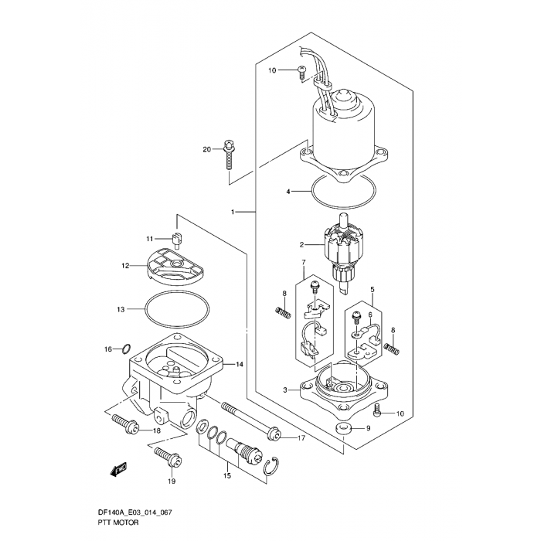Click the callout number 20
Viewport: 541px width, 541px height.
pyautogui.click(x=206, y=149)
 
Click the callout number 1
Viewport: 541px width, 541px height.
pyautogui.click(x=233, y=212)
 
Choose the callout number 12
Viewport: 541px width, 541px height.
pyautogui.click(x=124, y=265)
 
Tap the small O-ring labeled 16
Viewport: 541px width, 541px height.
pyautogui.click(x=127, y=349)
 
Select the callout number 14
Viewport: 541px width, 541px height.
pyautogui.click(x=240, y=364)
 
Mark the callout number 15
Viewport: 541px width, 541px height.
pyautogui.click(x=227, y=477)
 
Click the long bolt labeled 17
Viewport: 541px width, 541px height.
pyautogui.click(x=247, y=421)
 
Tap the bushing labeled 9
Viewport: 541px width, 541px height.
pyautogui.click(x=343, y=429)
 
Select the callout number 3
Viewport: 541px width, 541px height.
pyautogui.click(x=285, y=391)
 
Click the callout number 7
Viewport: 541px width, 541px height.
pyautogui.click(x=303, y=263)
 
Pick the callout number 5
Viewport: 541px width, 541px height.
pyautogui.click(x=373, y=291)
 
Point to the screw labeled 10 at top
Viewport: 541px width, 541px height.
pyautogui.click(x=301, y=73)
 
